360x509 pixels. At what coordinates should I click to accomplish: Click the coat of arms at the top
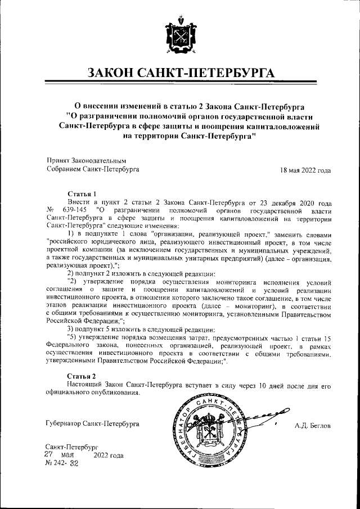pos(179,34)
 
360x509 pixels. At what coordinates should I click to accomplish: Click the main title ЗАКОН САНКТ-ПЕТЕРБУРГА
pos(180,74)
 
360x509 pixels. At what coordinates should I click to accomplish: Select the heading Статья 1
pos(82,193)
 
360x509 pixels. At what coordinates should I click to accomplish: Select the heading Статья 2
pos(82,375)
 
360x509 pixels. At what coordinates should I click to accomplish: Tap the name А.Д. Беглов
pos(312,426)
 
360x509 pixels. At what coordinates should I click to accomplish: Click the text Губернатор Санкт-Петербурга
pos(93,423)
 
